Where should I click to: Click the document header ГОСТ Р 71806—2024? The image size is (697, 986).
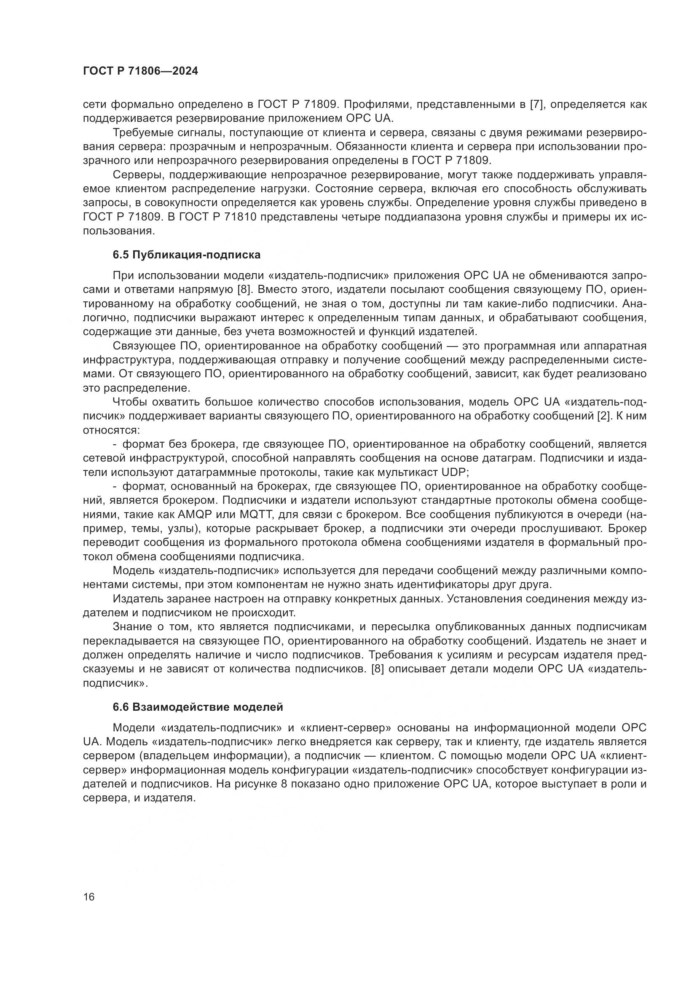tap(140, 71)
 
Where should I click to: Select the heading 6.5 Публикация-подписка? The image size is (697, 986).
tap(187, 255)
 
